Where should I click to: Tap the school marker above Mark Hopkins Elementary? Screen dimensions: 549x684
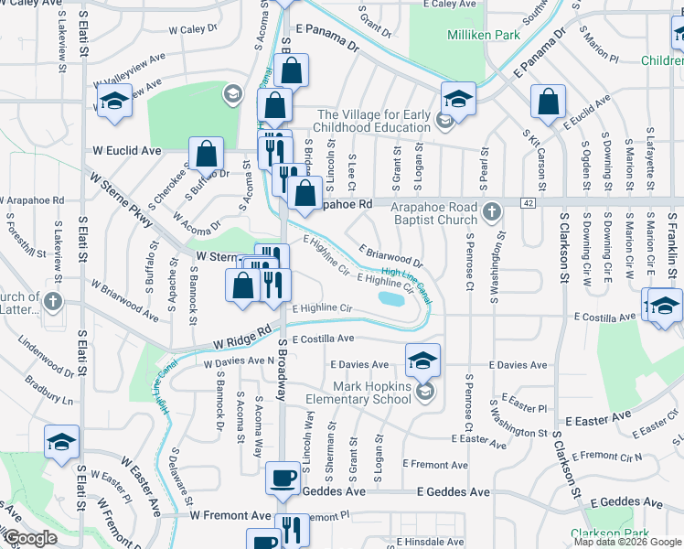pos(422,359)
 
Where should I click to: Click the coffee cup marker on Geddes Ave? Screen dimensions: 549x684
pos(283,477)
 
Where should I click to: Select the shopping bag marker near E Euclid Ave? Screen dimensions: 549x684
pos(549,102)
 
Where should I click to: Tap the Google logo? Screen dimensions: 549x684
pos(29,538)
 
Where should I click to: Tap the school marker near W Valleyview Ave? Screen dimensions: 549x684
pos(113,102)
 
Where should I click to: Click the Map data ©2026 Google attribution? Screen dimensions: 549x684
pos(627,542)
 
